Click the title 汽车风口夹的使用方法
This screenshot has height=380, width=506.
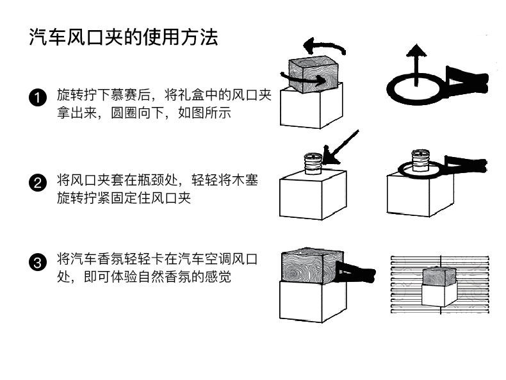124,37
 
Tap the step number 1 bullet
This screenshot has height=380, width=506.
38,98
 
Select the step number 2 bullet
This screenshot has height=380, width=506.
38,183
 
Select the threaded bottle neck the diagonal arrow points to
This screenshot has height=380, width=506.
313,161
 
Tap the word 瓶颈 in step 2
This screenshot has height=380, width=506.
164,180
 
